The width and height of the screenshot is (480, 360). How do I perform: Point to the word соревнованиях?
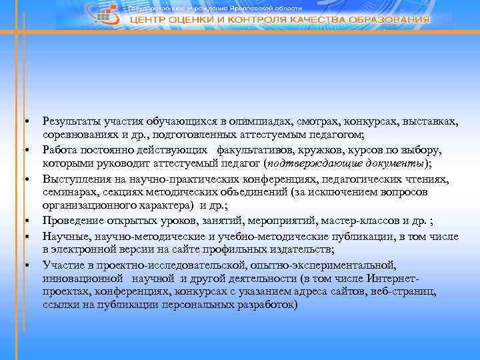click(77, 135)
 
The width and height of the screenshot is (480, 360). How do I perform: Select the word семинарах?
click(67, 192)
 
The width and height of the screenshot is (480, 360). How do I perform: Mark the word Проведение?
click(71, 220)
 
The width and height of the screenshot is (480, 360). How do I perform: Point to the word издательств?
click(296, 249)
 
